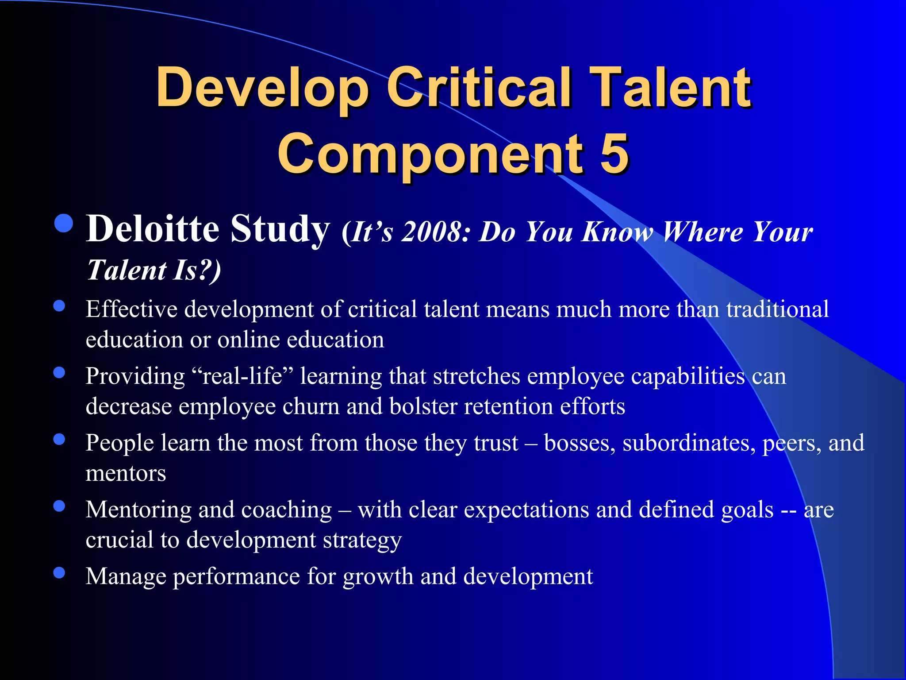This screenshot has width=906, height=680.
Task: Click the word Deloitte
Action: pyautogui.click(x=153, y=229)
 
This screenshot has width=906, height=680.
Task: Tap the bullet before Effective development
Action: pyautogui.click(x=59, y=306)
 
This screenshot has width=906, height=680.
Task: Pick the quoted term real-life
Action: pyautogui.click(x=242, y=376)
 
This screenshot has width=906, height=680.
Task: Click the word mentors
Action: pyautogui.click(x=126, y=473)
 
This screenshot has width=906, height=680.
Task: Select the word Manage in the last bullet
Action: pyautogui.click(x=126, y=576)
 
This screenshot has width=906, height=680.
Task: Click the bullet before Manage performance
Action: pyautogui.click(x=59, y=573)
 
